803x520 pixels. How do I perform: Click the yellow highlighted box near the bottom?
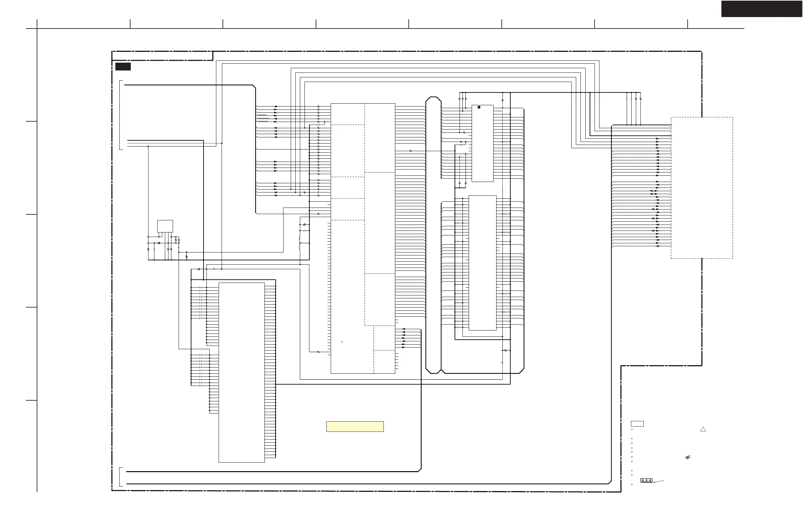[x=355, y=427]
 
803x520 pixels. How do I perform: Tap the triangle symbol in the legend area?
[x=703, y=429]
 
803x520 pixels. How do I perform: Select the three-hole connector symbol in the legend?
[x=646, y=480]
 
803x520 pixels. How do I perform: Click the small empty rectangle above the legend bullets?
[x=637, y=424]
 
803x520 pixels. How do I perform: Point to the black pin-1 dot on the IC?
[x=479, y=107]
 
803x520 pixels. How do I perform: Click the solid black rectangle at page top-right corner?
[x=762, y=9]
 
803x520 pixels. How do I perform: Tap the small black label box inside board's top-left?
[x=123, y=67]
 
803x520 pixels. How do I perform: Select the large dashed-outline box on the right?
[x=701, y=188]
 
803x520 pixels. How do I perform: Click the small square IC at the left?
[x=165, y=226]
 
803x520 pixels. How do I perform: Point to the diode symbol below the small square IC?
[x=159, y=243]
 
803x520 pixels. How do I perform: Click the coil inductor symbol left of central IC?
[x=300, y=243]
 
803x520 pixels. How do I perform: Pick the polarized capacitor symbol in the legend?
[x=688, y=458]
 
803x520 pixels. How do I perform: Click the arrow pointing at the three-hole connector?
[x=658, y=482]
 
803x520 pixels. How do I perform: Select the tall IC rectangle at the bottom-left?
[x=242, y=372]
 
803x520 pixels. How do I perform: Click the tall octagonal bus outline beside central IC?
[x=433, y=235]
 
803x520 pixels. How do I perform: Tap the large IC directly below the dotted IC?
[x=482, y=263]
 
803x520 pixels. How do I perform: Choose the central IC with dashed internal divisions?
[x=363, y=239]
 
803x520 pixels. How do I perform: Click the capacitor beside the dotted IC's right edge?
[x=505, y=142]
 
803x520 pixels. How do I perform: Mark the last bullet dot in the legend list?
[x=632, y=485]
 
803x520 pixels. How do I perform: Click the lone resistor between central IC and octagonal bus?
[x=410, y=151]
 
